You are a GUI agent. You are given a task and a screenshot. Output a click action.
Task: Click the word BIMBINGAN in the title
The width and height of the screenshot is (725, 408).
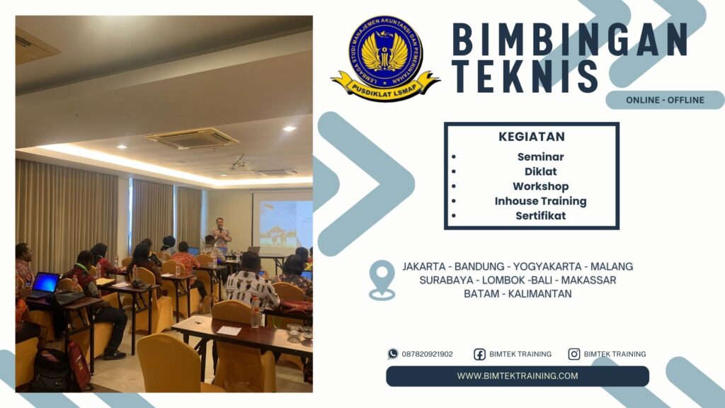(570, 40)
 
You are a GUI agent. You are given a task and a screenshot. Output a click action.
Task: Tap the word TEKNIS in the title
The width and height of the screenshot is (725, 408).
(525, 76)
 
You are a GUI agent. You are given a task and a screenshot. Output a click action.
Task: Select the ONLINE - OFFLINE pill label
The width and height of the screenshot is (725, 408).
(665, 100)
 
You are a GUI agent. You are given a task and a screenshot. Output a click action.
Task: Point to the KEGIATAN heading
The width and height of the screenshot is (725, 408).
(531, 137)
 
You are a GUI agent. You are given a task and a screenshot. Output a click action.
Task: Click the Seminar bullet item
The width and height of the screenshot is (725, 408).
(540, 157)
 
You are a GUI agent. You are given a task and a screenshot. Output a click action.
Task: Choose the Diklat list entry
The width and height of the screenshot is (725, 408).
(540, 171)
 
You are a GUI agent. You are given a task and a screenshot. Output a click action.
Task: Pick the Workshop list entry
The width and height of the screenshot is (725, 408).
(540, 186)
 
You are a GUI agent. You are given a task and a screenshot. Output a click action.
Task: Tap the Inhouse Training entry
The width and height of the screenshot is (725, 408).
(540, 201)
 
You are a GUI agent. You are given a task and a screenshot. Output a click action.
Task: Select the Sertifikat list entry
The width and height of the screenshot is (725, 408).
(540, 216)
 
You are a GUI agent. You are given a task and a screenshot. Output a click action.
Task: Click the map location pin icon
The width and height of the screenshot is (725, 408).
(382, 279)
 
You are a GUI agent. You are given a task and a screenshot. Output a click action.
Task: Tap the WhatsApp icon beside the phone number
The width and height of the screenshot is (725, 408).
(393, 354)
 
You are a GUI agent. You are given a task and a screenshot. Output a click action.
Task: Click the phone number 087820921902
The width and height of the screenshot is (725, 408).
(427, 354)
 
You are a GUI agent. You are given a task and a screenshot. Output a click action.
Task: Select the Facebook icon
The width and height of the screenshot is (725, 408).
(479, 354)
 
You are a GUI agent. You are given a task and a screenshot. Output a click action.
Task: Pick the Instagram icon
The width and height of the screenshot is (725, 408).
(574, 354)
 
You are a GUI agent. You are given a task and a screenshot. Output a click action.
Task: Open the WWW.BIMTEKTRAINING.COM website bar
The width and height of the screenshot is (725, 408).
(518, 376)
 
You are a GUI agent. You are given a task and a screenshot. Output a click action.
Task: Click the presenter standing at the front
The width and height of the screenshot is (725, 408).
(221, 237)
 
